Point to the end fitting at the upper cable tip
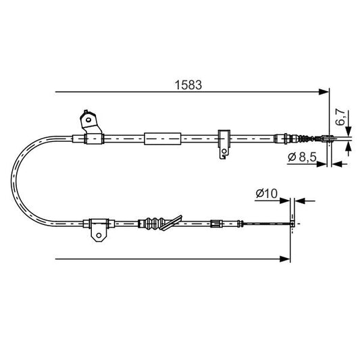click(327, 140)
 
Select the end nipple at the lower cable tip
click(292, 224)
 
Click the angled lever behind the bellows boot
click(174, 220)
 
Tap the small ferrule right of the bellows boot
click(216, 224)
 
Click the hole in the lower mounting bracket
click(99, 236)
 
